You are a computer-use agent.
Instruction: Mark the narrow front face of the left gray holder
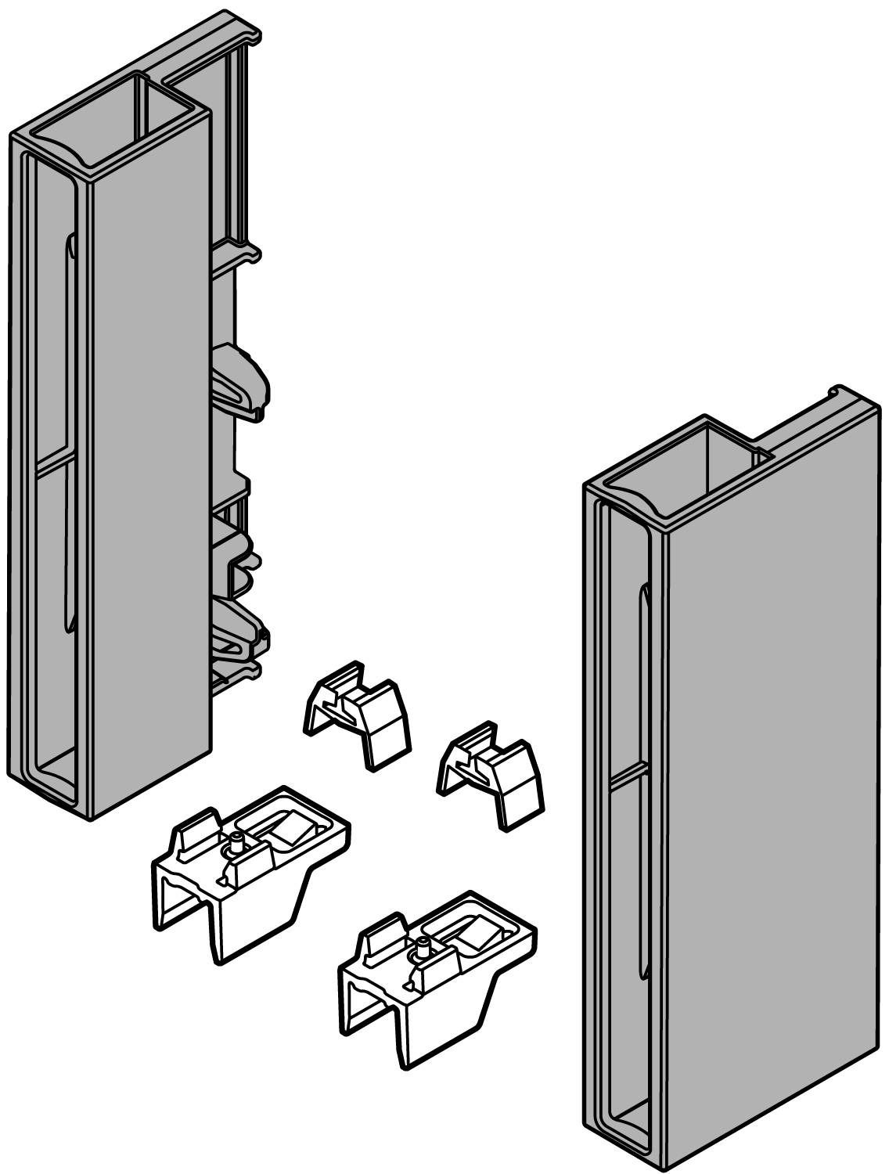[x=149, y=470]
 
